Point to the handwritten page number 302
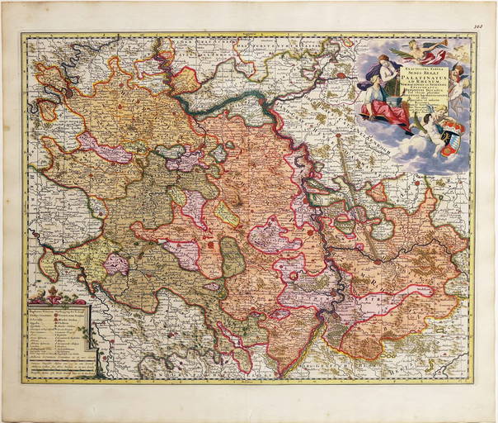482,27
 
